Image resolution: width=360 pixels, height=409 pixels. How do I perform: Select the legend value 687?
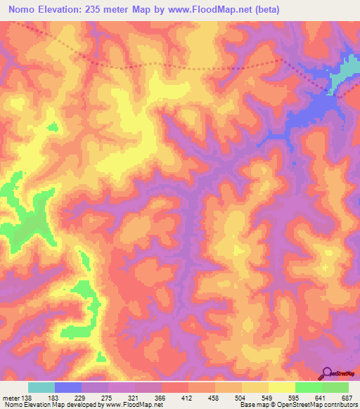pos(347,398)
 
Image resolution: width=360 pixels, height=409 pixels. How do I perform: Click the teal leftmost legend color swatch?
pos(41,387)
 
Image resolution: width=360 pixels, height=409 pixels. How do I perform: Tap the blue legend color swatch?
pos(68,387)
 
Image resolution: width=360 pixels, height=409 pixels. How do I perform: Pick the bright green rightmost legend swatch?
pos(335,387)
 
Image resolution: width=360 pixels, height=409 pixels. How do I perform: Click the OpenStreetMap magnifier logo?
pos(326,372)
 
